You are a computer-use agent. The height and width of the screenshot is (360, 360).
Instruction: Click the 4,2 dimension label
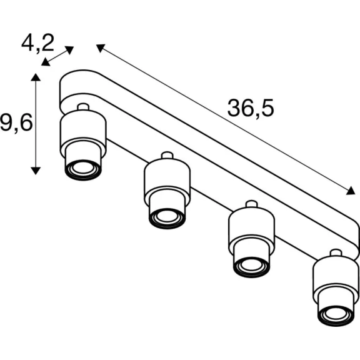tap(37, 43)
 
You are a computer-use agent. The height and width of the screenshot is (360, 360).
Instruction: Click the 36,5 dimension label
tap(251, 108)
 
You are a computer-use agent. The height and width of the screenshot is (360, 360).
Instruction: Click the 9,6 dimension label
tap(16, 123)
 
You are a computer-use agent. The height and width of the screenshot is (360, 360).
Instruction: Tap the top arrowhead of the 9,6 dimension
tap(36, 77)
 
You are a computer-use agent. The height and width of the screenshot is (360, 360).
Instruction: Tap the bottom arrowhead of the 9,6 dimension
tap(36, 171)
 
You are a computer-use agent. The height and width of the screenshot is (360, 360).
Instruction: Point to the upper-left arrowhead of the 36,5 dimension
tap(100, 47)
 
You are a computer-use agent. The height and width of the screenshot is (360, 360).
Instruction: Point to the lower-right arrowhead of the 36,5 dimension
tap(351, 191)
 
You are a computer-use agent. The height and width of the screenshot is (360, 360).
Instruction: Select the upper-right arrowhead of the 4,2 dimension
tap(69, 50)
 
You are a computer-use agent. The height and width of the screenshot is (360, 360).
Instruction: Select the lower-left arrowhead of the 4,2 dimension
tap(46, 62)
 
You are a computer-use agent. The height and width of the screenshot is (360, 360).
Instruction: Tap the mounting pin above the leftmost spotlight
tap(83, 106)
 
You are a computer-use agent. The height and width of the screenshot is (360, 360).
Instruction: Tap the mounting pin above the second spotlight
tap(167, 155)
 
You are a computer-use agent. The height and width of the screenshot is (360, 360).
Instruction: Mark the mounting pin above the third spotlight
tap(252, 204)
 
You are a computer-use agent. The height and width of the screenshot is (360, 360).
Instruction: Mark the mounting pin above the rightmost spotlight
tap(336, 252)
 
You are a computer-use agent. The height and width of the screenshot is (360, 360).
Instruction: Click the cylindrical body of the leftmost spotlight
tap(83, 131)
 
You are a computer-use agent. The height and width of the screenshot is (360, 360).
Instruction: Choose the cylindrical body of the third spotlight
tap(252, 228)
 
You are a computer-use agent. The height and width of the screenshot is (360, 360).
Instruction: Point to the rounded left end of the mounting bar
tap(60, 92)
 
